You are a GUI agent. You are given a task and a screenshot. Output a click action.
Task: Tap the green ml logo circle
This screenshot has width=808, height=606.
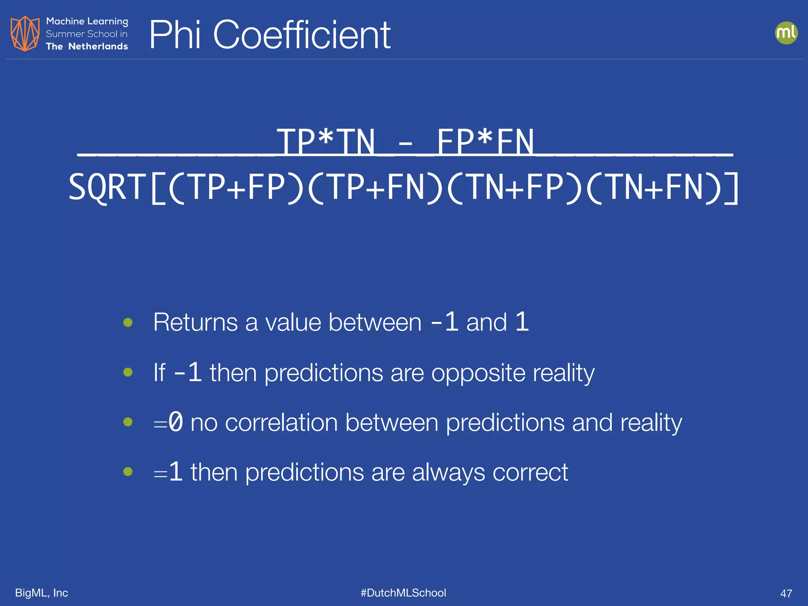tap(786, 33)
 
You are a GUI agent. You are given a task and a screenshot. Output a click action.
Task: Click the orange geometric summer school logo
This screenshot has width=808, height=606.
tap(25, 34)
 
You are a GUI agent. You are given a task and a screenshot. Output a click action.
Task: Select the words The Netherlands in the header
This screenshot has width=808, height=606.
tap(87, 46)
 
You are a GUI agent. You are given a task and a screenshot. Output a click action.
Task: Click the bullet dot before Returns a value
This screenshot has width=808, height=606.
tap(128, 322)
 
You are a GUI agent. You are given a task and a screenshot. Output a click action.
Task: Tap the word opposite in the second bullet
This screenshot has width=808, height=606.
tap(478, 372)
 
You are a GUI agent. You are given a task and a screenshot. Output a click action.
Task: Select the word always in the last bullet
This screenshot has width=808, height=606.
tap(448, 472)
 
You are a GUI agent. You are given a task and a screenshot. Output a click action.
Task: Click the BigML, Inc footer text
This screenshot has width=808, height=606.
tap(41, 593)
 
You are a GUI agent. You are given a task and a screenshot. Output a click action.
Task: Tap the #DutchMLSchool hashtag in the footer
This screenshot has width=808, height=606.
tap(403, 593)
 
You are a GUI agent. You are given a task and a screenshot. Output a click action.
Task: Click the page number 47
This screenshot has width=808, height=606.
tap(786, 593)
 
